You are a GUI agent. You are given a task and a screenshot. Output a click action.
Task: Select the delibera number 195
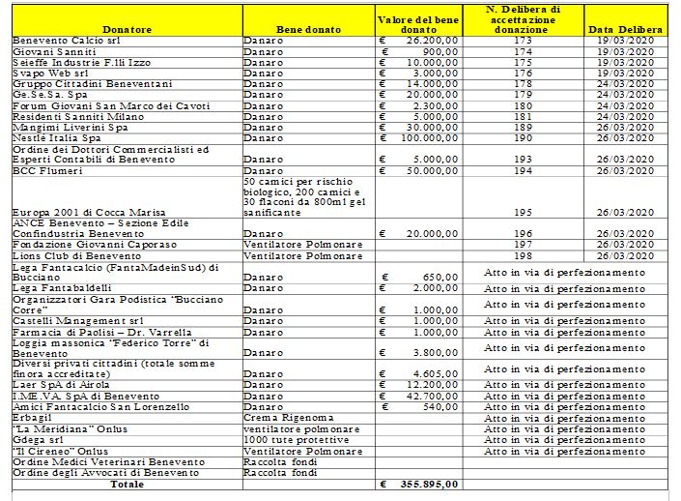point(523,212)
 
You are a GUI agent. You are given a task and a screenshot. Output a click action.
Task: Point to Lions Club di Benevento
point(73,254)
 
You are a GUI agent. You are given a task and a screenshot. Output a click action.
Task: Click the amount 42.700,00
point(431,396)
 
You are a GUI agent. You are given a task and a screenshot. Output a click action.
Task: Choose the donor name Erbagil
point(35,418)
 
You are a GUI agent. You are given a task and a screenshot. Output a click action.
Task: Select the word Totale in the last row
point(127,484)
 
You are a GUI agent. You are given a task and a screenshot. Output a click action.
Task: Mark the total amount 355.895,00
point(428,484)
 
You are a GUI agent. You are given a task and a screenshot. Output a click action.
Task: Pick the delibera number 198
point(523,254)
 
